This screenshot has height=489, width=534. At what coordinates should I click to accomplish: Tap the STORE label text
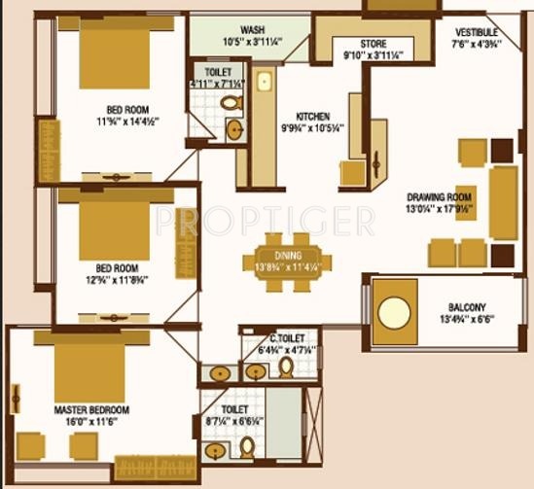[374, 43]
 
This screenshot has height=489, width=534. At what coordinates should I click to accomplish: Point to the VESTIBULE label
[477, 30]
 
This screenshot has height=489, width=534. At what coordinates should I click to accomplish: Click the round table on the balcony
[394, 313]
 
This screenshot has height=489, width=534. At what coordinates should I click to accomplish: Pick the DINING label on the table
[287, 254]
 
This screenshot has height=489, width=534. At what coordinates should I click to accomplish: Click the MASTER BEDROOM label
[91, 410]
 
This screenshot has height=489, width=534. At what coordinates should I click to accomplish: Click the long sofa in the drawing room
[503, 202]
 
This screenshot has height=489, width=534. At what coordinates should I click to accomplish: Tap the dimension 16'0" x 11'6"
[91, 424]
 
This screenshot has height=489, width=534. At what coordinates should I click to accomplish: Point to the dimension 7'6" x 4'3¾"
[477, 43]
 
